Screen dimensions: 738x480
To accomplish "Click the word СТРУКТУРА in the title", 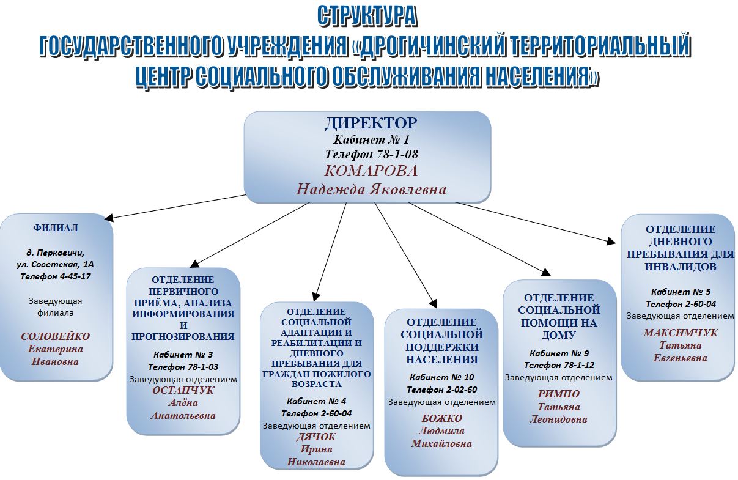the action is pyautogui.click(x=367, y=16).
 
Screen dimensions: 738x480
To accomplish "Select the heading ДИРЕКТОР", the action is pyautogui.click(x=371, y=124).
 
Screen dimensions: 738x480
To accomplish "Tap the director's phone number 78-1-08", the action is pyautogui.click(x=393, y=154).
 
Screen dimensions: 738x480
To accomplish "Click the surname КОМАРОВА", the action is pyautogui.click(x=371, y=171).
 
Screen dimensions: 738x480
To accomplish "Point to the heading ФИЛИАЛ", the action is pyautogui.click(x=56, y=227).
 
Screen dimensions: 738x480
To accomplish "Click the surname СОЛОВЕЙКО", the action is pyautogui.click(x=56, y=336).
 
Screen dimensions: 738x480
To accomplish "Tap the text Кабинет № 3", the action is pyautogui.click(x=183, y=355).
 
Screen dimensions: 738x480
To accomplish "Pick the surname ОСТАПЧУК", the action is pyautogui.click(x=183, y=390).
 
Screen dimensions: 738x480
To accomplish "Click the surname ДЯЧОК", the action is pyautogui.click(x=316, y=437).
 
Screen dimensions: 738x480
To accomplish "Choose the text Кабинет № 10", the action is pyautogui.click(x=442, y=377).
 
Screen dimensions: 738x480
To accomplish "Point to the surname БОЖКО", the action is pyautogui.click(x=442, y=418).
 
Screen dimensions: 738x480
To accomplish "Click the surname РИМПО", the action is pyautogui.click(x=559, y=394).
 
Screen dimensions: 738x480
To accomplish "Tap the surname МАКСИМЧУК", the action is pyautogui.click(x=681, y=333).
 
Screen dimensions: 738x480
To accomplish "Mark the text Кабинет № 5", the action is pyautogui.click(x=681, y=292).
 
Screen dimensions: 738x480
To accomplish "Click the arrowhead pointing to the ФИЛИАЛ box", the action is pyautogui.click(x=108, y=218).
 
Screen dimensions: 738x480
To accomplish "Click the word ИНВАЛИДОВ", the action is pyautogui.click(x=681, y=266).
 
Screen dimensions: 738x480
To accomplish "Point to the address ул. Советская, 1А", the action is pyautogui.click(x=55, y=265).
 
